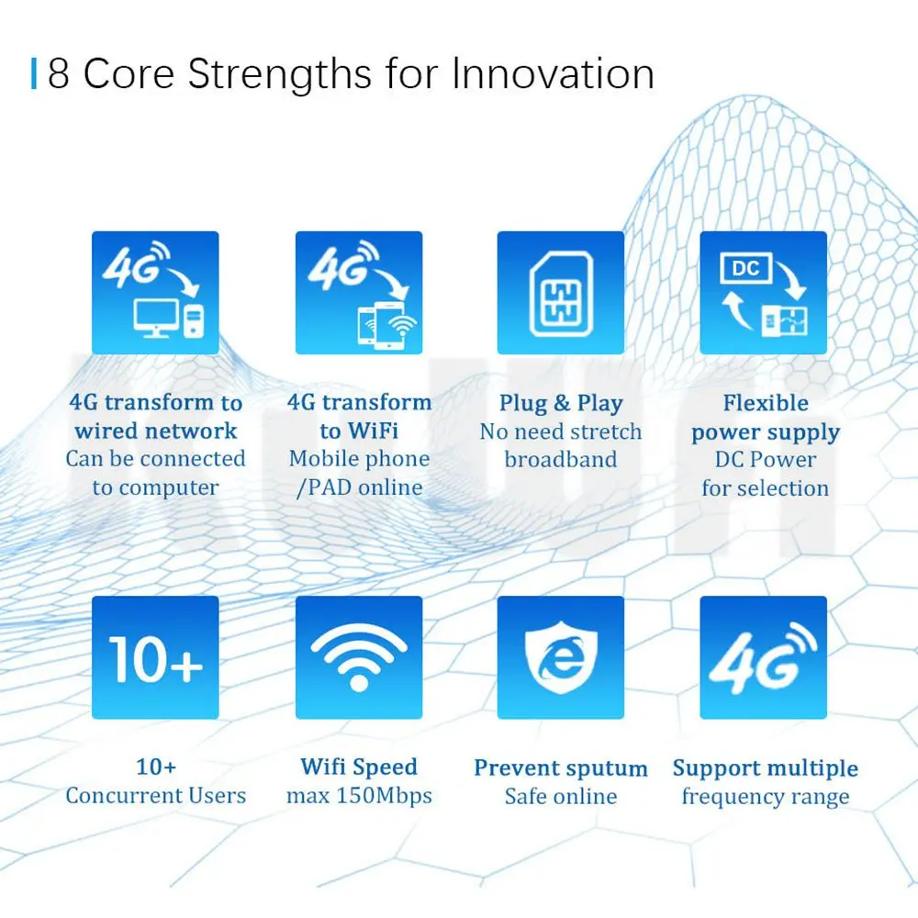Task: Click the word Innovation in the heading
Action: click(x=553, y=73)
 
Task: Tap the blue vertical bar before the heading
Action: click(x=34, y=73)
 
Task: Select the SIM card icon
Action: click(x=561, y=294)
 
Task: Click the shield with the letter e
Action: click(x=561, y=657)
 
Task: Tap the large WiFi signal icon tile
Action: click(x=359, y=657)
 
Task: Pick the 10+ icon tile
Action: click(x=155, y=657)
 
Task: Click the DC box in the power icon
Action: click(x=745, y=268)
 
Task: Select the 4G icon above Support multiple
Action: click(x=764, y=657)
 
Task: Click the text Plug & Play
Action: click(x=561, y=403)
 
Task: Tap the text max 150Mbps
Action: click(x=359, y=796)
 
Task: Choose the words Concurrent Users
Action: click(x=156, y=796)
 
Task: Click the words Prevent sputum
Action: click(x=561, y=768)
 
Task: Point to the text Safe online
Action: click(x=561, y=796)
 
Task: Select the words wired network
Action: click(x=156, y=431)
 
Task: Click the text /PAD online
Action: click(x=360, y=487)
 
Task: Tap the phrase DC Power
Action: click(x=766, y=460)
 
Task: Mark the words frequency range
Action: click(x=766, y=797)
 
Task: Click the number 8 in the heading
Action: click(x=58, y=73)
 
